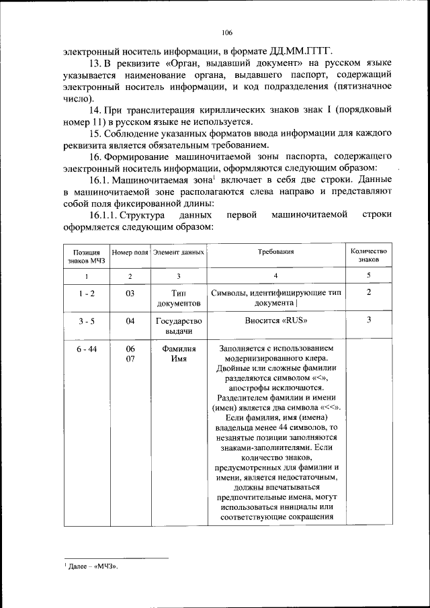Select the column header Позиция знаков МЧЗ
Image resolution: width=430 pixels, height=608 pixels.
86,256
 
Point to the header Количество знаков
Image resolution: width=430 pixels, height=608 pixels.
369,256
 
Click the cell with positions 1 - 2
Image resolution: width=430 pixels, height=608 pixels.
86,293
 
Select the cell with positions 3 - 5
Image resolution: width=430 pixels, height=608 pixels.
86,321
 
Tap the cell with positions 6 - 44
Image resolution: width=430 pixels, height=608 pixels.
86,349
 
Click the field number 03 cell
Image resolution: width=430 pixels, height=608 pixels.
130,293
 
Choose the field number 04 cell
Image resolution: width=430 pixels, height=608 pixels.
130,321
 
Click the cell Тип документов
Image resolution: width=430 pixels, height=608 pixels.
178,298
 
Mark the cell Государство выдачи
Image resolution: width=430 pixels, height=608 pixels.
178,327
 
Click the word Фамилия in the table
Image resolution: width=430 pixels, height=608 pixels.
178,349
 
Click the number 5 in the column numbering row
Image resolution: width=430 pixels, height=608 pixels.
369,276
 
